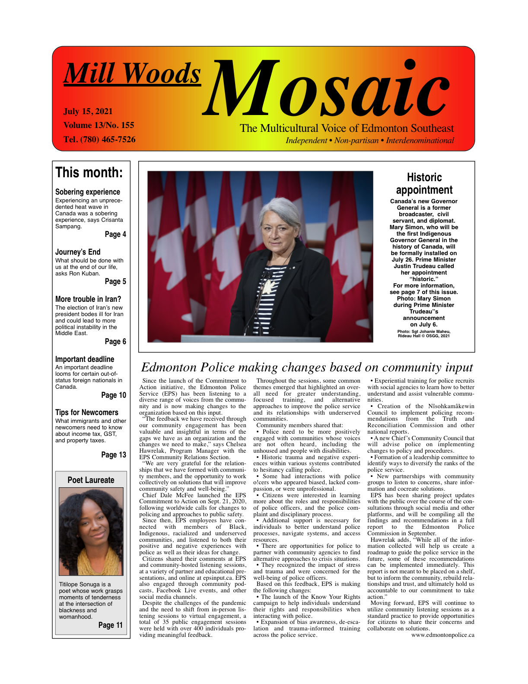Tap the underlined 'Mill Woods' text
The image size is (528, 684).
pos(132,74)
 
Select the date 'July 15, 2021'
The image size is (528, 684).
pos(88,112)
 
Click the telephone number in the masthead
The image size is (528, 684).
pos(99,140)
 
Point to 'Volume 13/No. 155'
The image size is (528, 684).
pos(99,125)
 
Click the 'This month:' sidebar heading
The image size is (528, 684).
pos(89,173)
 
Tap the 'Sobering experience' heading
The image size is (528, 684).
pos(88,192)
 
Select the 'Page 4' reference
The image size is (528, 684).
pos(115,234)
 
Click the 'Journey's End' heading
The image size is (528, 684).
pos(78,252)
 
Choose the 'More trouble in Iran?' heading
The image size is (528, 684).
pos(88,299)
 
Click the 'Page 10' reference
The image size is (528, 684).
pos(114,395)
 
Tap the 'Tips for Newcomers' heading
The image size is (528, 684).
pos(87,412)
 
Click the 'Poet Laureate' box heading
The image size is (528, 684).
pos(91,480)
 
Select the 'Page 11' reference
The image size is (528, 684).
pos(111,625)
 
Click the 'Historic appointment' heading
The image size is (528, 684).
pos(424,184)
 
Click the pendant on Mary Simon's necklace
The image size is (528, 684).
pos(268,287)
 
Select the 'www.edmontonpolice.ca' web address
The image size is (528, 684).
pos(442,635)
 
